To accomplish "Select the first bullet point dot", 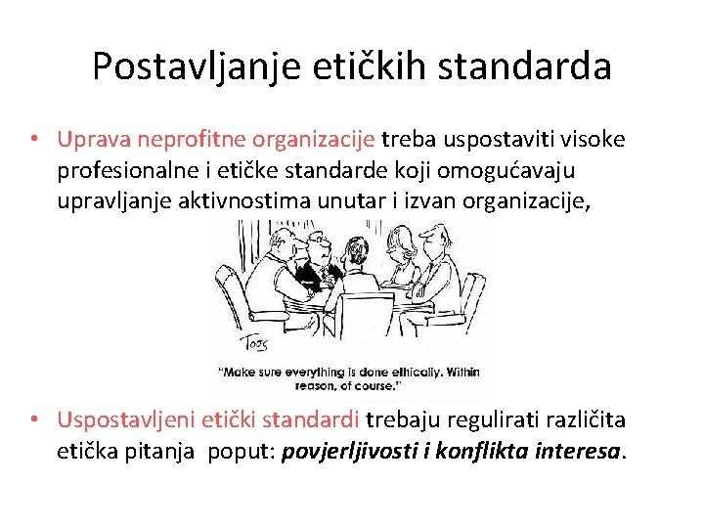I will click(34, 139).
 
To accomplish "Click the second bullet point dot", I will click(34, 419).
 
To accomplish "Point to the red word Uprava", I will click(93, 140).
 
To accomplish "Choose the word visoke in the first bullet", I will click(590, 140).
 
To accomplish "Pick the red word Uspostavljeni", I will click(126, 420).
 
